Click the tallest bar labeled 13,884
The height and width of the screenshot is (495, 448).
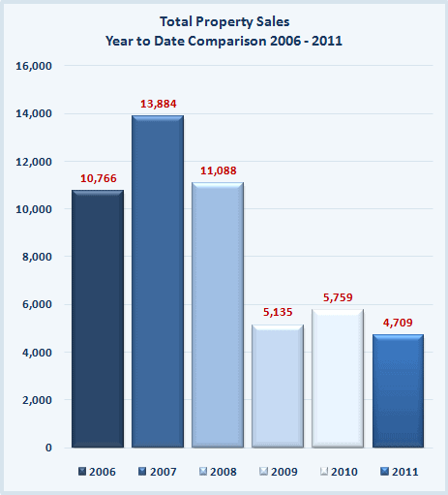click(158, 281)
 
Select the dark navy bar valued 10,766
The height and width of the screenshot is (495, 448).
click(98, 319)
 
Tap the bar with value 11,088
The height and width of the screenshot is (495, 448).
click(218, 315)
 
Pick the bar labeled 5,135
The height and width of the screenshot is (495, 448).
click(278, 387)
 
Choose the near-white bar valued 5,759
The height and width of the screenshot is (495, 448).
click(338, 379)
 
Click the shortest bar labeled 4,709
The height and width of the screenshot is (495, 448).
click(398, 391)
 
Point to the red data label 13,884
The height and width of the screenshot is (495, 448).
click(159, 104)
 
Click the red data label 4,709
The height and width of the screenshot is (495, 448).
click(398, 323)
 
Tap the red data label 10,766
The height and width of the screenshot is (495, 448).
click(99, 178)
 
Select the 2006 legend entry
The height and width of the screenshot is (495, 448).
click(97, 472)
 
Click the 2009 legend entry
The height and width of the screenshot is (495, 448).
click(279, 472)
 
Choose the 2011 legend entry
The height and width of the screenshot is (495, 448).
click(400, 472)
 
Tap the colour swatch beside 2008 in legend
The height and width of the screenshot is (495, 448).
click(203, 472)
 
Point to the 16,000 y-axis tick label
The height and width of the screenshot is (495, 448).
click(34, 66)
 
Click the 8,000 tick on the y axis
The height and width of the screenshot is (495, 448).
click(37, 257)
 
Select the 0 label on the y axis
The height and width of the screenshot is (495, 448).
click(48, 448)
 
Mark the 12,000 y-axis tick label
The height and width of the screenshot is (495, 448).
click(34, 162)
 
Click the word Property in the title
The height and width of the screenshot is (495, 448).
click(224, 22)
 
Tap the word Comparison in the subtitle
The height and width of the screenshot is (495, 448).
click(227, 42)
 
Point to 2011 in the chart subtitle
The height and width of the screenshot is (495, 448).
click(327, 41)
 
